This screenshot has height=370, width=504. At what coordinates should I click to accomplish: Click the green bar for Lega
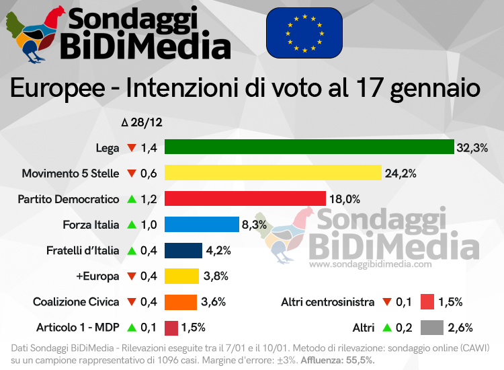[x=309, y=147]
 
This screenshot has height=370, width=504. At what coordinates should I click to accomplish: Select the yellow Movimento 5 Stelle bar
[x=273, y=173]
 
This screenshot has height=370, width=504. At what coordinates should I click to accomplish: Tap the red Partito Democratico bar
[x=245, y=198]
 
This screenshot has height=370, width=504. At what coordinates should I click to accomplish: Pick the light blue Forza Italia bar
[x=202, y=225]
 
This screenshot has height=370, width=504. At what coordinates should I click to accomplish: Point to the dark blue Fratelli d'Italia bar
[x=183, y=250]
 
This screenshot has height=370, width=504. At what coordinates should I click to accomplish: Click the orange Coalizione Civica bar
[x=181, y=302]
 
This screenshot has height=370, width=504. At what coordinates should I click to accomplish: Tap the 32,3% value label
[x=472, y=147]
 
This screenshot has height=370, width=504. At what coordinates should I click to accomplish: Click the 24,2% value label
[x=401, y=173]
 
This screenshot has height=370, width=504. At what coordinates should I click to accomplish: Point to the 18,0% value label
[x=345, y=199]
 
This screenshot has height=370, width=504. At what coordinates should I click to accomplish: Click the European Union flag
[x=304, y=33]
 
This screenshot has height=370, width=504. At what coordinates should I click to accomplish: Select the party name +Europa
[x=99, y=276]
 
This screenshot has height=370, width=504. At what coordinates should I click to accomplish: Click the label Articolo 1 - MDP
[x=78, y=328]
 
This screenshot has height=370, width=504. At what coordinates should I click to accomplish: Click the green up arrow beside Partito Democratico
[x=132, y=199]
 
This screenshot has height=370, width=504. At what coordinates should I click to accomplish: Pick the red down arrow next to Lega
[x=132, y=147]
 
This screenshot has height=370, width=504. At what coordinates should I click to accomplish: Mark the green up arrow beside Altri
[x=386, y=328]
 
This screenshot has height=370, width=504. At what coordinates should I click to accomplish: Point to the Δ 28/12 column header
[x=142, y=123]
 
